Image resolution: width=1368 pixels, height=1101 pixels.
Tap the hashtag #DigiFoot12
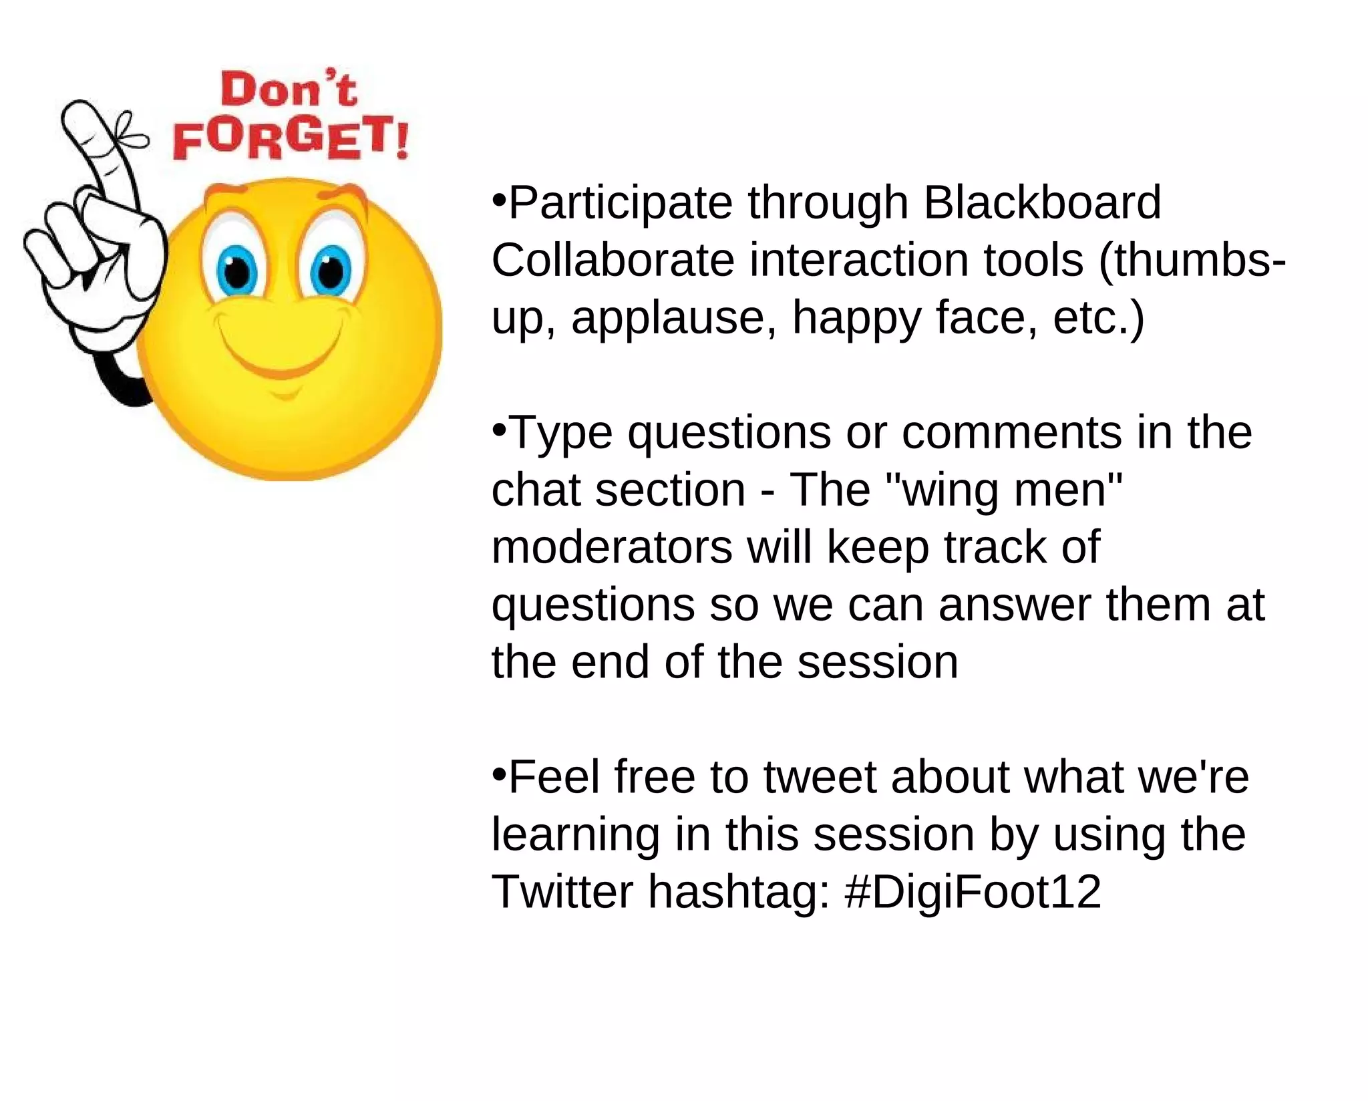973,892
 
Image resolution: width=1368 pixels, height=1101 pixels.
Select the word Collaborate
613,260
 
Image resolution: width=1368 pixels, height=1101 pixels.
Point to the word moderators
611,547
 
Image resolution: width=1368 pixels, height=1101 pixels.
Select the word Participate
621,204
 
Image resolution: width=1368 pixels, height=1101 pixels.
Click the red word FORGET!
291,138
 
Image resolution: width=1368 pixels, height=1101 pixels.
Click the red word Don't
289,90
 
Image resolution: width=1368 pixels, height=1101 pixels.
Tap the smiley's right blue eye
331,272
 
